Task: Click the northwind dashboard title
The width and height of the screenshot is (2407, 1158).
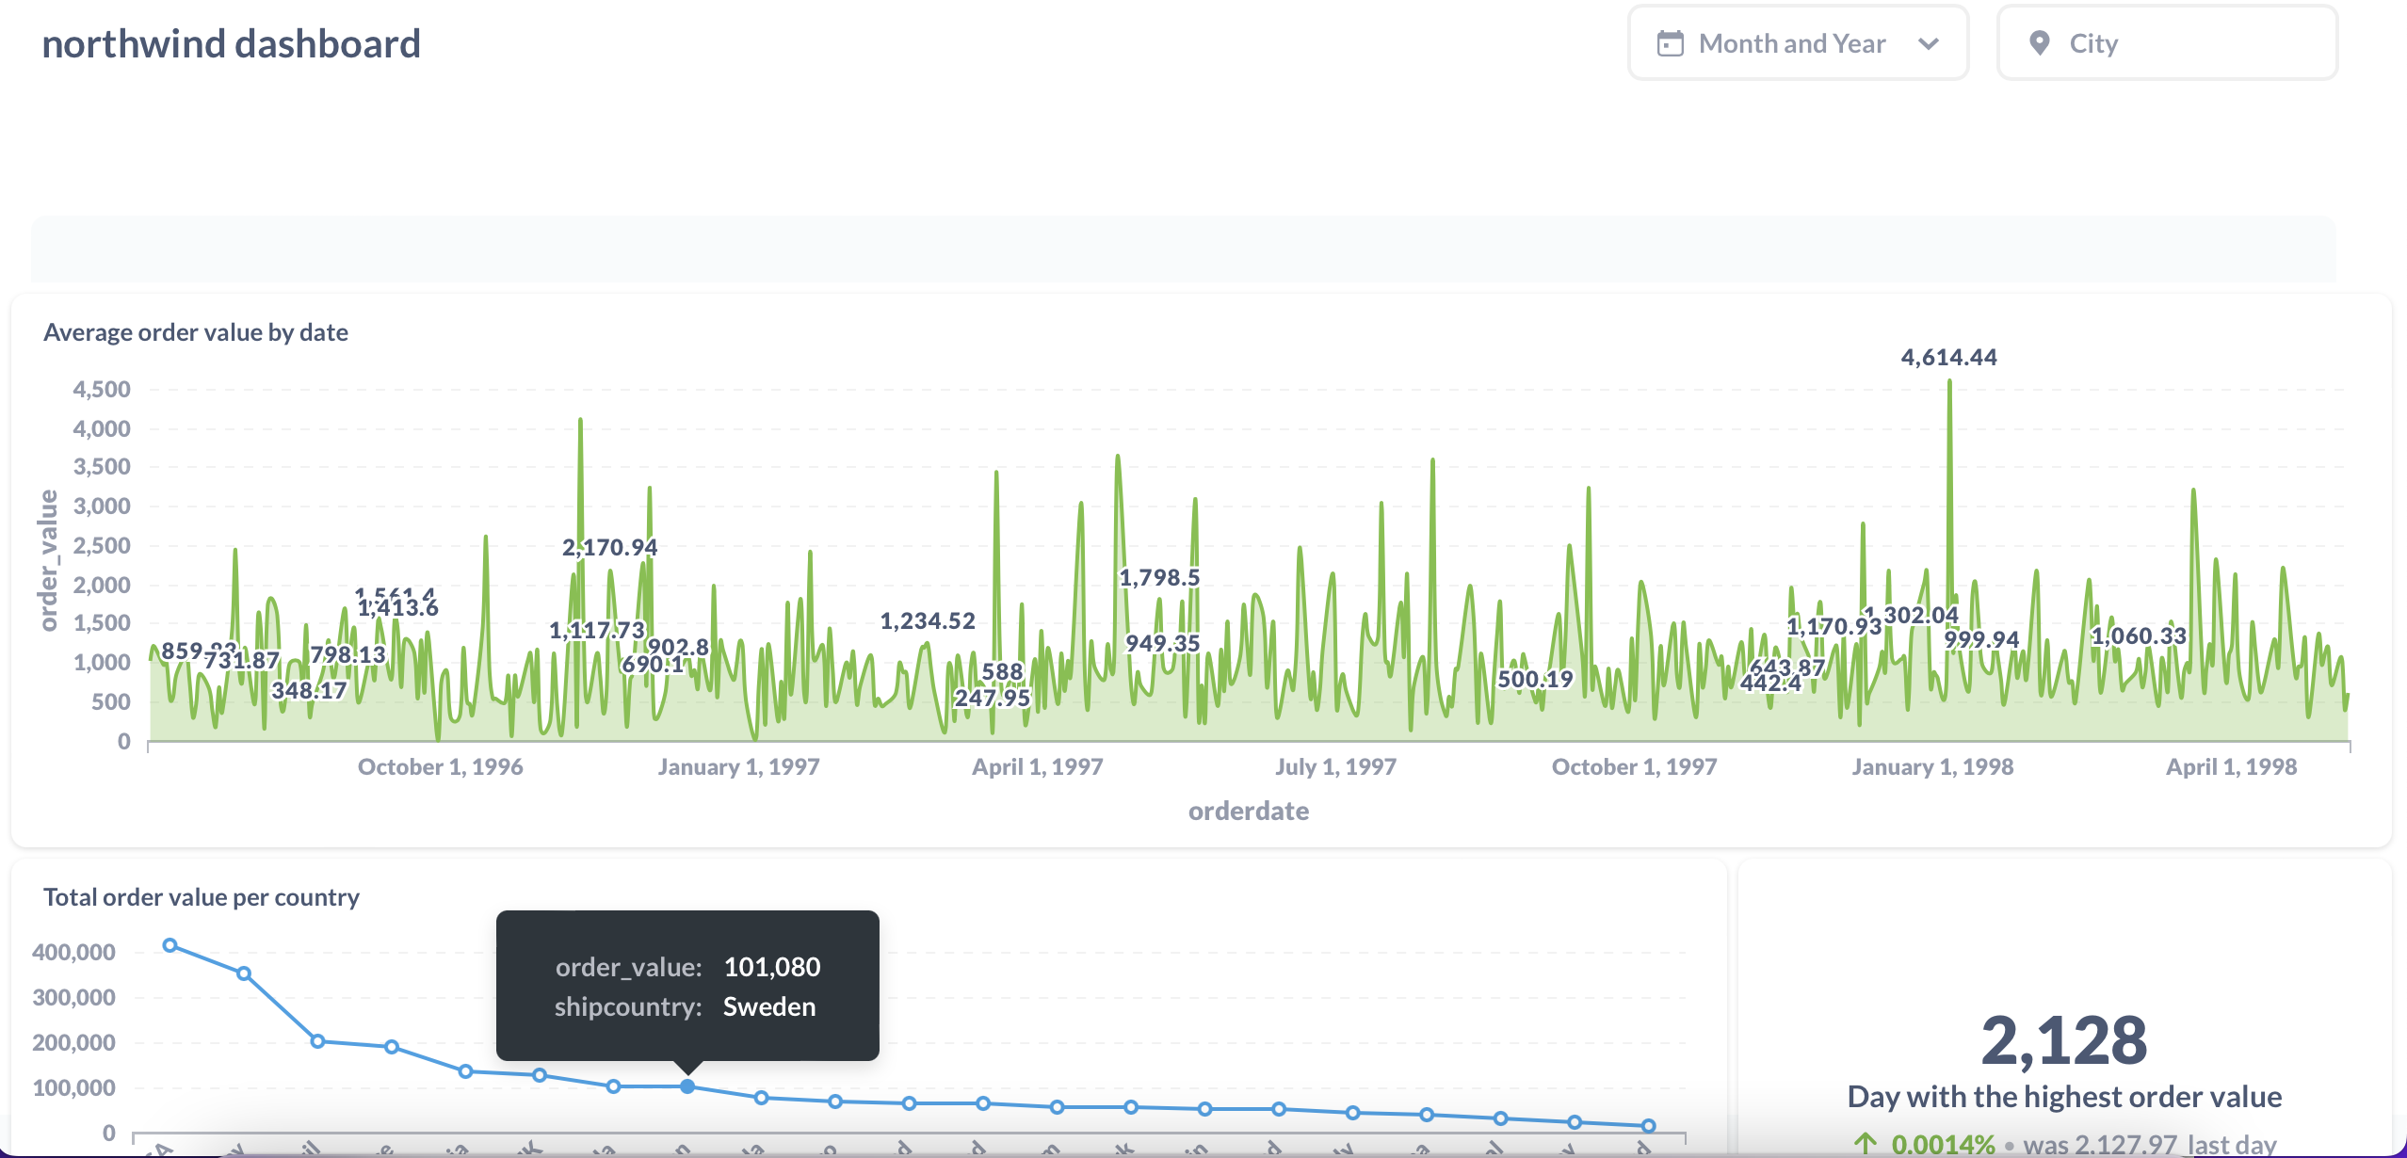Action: tap(231, 44)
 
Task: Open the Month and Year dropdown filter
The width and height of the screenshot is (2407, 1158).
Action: tap(1797, 43)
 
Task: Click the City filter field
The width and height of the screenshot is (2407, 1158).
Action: tap(2166, 43)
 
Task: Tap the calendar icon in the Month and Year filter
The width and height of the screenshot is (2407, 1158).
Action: tap(1670, 43)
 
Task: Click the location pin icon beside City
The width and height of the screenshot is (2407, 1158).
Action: tap(2039, 43)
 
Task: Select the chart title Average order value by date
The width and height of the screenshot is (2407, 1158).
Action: tap(196, 332)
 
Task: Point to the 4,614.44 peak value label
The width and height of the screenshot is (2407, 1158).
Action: tap(1948, 358)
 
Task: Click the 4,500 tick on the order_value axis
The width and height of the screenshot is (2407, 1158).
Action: tap(102, 390)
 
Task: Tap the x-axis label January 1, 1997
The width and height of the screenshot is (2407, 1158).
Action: tap(738, 767)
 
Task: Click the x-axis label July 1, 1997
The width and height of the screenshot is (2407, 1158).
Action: tap(1335, 767)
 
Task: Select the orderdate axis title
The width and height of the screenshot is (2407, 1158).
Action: tap(1248, 812)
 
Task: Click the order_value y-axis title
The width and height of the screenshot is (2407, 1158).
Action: tap(48, 560)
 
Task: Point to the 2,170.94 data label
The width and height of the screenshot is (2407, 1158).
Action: tap(609, 547)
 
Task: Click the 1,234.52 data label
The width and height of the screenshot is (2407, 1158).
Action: tap(928, 621)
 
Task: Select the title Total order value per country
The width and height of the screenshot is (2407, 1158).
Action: tap(201, 897)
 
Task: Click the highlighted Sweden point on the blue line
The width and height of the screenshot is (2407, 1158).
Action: tap(687, 1086)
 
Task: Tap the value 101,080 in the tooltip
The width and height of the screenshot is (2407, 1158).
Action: tap(771, 967)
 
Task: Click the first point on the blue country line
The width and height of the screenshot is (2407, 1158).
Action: tap(170, 945)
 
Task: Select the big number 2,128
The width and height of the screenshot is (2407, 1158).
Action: tap(2063, 1041)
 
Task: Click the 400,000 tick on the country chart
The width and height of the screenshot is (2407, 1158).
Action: tap(73, 953)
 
